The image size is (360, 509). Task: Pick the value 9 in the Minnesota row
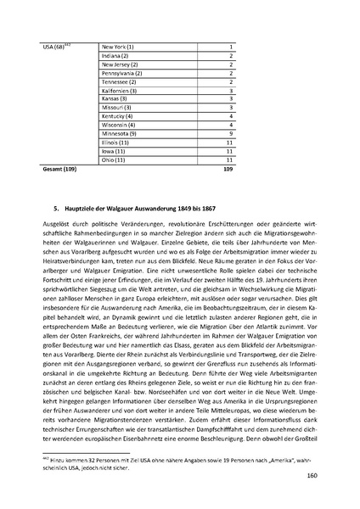(x=230, y=133)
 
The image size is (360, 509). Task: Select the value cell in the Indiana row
(x=230, y=56)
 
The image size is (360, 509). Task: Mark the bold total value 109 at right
(x=227, y=170)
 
